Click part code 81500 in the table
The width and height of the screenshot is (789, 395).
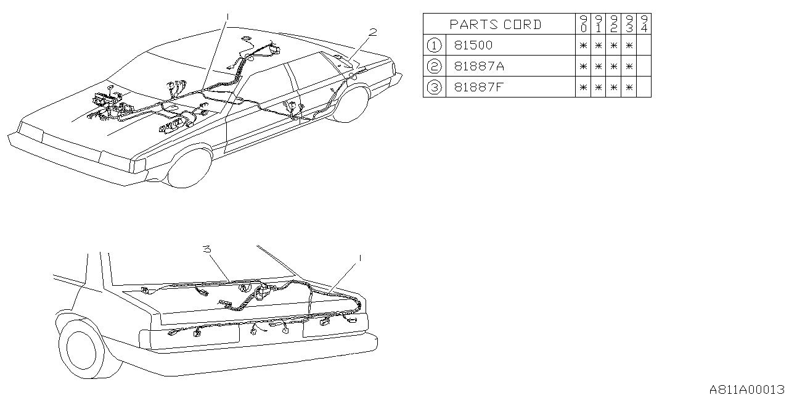(x=473, y=45)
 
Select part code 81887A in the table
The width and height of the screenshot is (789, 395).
(x=477, y=66)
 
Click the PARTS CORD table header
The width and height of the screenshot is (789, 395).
(x=496, y=25)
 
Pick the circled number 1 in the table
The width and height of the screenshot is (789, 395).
(x=434, y=45)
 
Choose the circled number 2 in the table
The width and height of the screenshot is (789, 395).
(x=434, y=66)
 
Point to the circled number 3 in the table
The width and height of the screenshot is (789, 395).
(x=434, y=87)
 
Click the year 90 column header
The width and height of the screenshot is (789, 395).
(x=583, y=25)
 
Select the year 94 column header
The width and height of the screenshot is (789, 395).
(x=644, y=25)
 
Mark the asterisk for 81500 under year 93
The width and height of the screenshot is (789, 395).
(x=628, y=45)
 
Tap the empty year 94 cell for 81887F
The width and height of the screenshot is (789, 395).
(x=644, y=87)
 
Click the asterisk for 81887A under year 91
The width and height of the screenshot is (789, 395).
(x=598, y=66)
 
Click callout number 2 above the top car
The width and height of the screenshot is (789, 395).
(x=372, y=31)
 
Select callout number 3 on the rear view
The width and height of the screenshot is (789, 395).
(x=208, y=249)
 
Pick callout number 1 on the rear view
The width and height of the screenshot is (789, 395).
(x=359, y=256)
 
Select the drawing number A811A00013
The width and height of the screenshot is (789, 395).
(x=746, y=389)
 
